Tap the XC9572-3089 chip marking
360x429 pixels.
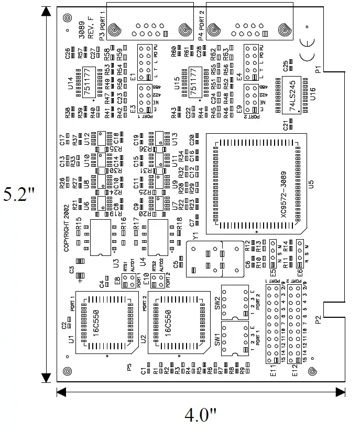[x=283, y=200]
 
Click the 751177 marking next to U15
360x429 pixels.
[x=195, y=82]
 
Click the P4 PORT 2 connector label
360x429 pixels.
[x=201, y=24]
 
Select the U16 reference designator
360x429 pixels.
[x=313, y=95]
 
